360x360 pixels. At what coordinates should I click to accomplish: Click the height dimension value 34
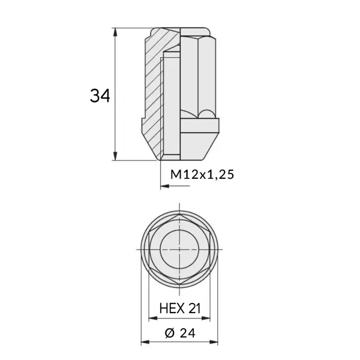pyautogui.click(x=100, y=95)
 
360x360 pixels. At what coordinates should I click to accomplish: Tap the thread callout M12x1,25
pyautogui.click(x=201, y=175)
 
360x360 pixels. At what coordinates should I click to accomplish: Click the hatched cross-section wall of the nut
pyautogui.click(x=153, y=90)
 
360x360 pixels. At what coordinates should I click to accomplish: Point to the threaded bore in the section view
pyautogui.click(x=172, y=102)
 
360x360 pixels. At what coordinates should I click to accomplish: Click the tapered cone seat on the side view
pyautogui.click(x=198, y=147)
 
